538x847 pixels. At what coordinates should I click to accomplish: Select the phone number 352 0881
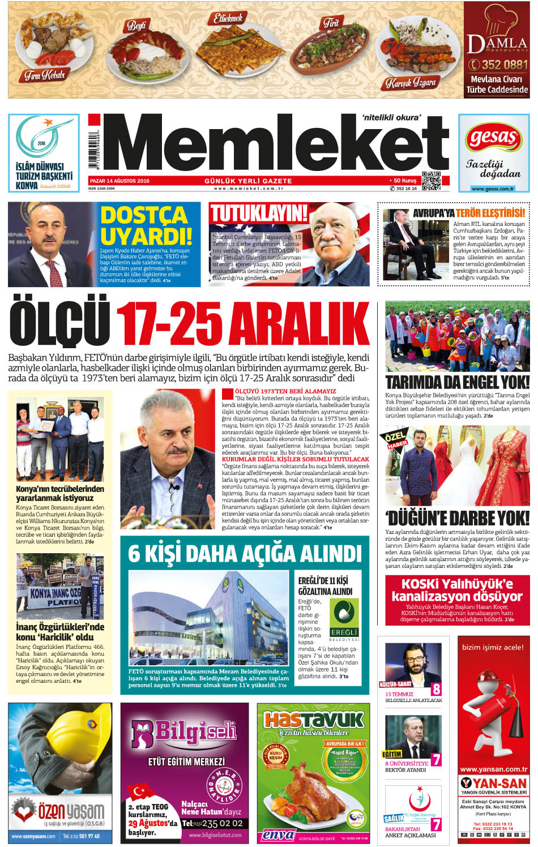coord(498,65)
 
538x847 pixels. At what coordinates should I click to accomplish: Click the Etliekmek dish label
coord(228,18)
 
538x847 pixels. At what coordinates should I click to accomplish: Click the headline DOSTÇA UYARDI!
coord(145,225)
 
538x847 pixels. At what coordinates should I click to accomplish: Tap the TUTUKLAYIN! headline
coord(258,213)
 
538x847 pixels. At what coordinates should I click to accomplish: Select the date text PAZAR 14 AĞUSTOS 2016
coord(119,181)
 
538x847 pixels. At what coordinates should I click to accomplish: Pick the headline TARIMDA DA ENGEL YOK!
coord(457,382)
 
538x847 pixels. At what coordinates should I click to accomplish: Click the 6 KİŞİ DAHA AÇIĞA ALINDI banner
coord(245,553)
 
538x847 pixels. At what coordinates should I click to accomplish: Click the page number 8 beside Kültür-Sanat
coord(436,689)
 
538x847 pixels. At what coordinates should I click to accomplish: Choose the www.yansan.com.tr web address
coord(493,769)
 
